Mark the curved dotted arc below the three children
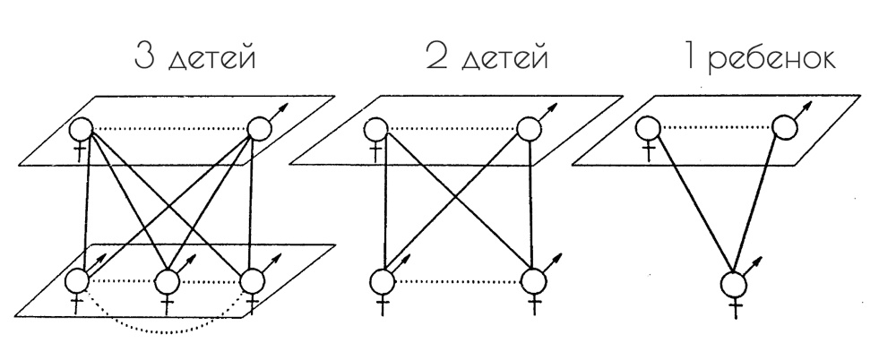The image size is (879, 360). pos(166,329)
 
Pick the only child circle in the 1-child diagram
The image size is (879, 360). pos(734,287)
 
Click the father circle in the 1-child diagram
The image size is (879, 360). pos(785,125)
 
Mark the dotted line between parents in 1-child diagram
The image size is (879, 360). pos(717,126)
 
